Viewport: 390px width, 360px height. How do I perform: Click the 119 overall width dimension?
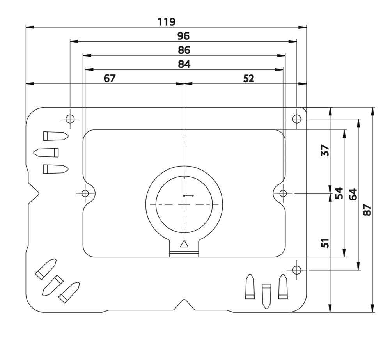[x=167, y=21]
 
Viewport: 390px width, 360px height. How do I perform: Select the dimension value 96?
[x=183, y=36]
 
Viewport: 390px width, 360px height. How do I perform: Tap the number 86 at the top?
[x=184, y=50]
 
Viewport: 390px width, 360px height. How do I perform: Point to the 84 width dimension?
[x=184, y=64]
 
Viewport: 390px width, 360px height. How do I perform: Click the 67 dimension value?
[x=110, y=78]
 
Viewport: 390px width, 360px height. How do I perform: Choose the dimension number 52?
[x=248, y=78]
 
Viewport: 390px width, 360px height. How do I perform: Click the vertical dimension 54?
[x=339, y=193]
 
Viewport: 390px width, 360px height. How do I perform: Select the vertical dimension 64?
[x=353, y=194]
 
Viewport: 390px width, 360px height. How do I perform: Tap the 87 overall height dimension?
[x=367, y=209]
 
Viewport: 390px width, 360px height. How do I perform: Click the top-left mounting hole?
[x=70, y=119]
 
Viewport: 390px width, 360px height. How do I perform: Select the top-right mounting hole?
[x=297, y=118]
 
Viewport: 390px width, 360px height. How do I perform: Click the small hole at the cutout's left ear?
[x=85, y=193]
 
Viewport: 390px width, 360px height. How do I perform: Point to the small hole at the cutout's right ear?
[x=284, y=193]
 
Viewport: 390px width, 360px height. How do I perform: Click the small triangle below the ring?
[x=184, y=245]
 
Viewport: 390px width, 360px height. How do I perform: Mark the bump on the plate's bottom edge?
[x=184, y=304]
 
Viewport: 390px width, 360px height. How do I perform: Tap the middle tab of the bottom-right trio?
[x=266, y=295]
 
